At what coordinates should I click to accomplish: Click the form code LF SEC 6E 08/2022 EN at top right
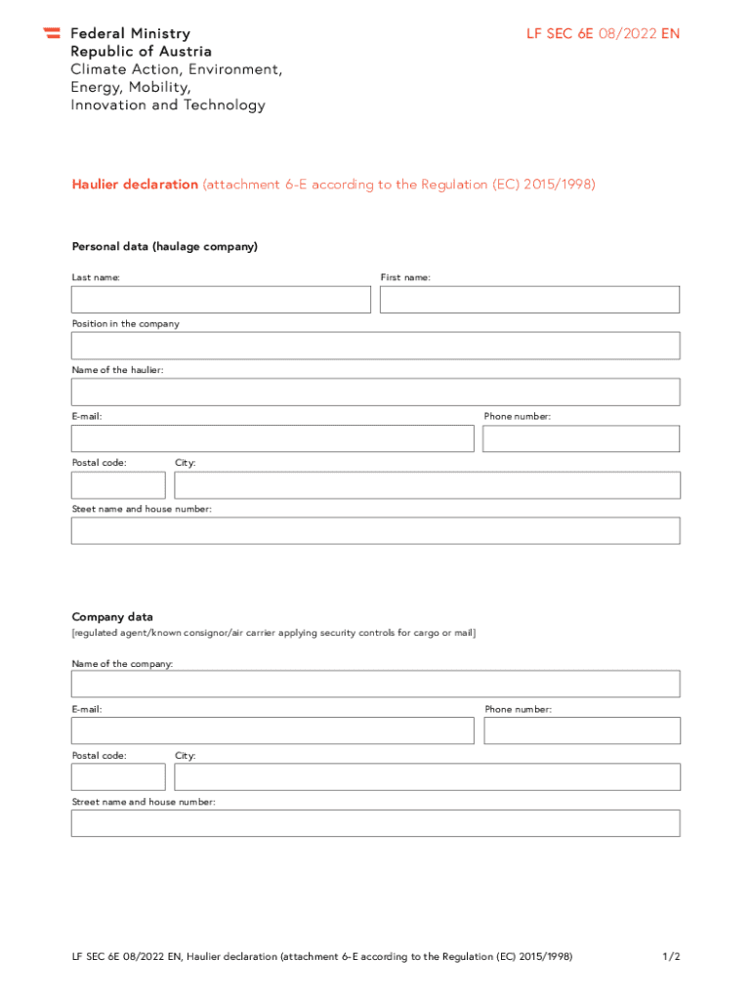coord(603,34)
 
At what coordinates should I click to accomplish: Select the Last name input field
coord(221,300)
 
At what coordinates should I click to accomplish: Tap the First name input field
coord(529,300)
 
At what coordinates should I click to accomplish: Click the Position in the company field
coord(375,346)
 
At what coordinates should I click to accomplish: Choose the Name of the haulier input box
coord(375,392)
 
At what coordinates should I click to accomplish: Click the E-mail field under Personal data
coord(272,438)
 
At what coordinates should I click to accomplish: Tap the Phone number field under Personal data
coord(581,438)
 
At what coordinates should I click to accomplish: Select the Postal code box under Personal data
coord(118,485)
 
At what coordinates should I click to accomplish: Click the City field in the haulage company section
coord(427,485)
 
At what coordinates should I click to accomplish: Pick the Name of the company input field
coord(375,684)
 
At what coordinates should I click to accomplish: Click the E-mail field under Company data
coord(272,730)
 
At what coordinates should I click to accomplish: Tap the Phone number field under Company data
coord(582,730)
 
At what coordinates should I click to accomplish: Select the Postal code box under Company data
coord(118,777)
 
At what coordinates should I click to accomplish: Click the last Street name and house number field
coord(375,823)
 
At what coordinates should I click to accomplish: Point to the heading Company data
coord(112,617)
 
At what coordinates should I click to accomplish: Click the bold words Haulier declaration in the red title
coord(135,185)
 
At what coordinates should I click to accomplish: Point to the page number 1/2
coord(670,957)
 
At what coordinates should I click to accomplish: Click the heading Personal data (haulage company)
coord(165,247)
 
